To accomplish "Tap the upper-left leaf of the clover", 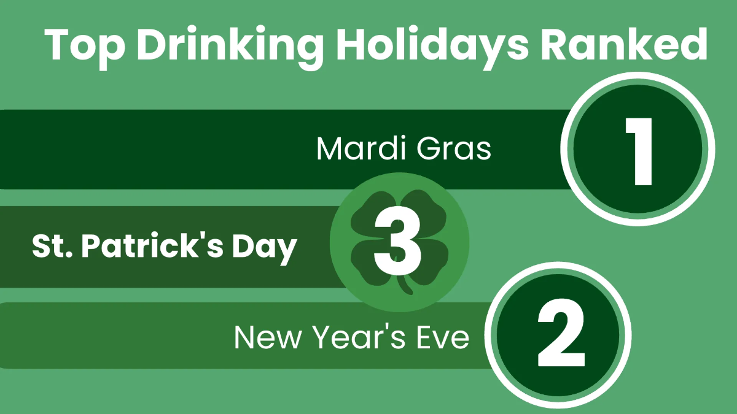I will coord(368,212).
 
